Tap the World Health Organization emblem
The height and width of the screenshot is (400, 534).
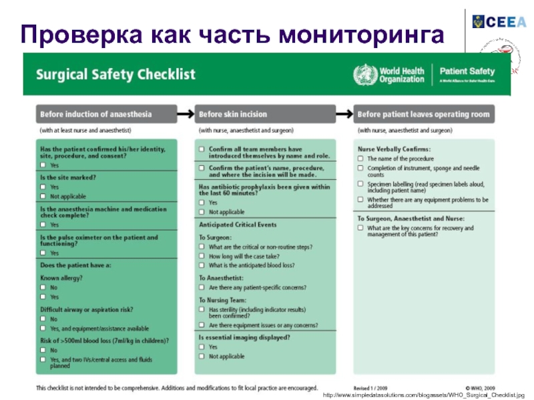tap(364, 73)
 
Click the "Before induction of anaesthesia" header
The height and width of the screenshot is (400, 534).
tap(96, 115)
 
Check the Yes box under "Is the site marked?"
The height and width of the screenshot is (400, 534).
tap(43, 187)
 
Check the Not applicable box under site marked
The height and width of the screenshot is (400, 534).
tap(43, 197)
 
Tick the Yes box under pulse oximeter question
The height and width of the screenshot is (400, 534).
tap(43, 253)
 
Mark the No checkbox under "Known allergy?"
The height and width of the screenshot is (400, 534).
tap(43, 287)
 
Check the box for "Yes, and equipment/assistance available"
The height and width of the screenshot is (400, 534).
tap(43, 329)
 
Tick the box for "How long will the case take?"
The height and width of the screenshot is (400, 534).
tap(202, 256)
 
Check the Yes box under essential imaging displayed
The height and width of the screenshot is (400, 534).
tap(202, 347)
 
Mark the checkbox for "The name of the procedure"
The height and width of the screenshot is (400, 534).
tap(360, 159)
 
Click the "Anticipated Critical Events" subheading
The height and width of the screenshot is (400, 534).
tap(238, 225)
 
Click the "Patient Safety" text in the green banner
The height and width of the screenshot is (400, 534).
tap(467, 71)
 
